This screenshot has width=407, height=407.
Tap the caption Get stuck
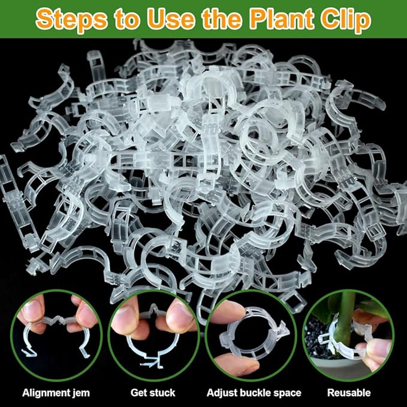(153, 393)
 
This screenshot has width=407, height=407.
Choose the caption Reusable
(349, 393)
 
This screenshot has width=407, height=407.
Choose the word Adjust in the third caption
(221, 393)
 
